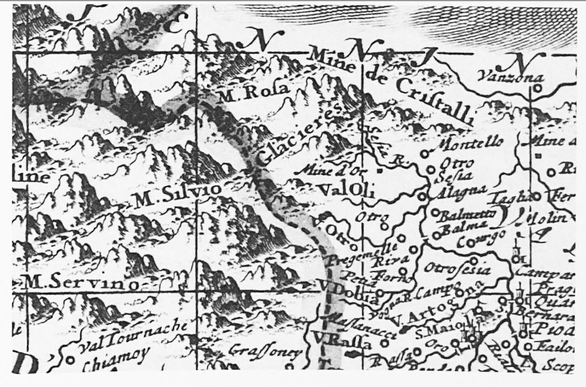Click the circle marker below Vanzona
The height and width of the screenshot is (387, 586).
click(537, 89)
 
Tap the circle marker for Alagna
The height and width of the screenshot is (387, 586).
click(422, 197)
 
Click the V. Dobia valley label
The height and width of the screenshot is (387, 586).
click(347, 292)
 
